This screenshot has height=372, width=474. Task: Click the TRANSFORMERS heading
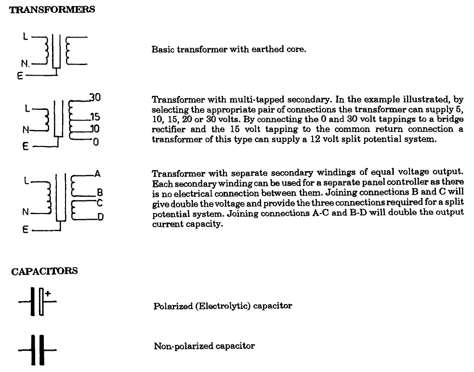[x=52, y=10]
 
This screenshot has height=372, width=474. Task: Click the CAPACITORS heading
[x=44, y=270]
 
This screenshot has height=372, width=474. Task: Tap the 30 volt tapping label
[x=94, y=98]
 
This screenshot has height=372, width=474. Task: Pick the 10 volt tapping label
[x=94, y=129]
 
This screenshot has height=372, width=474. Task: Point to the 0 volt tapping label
[x=96, y=142]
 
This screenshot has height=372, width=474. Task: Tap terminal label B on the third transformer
[x=100, y=194]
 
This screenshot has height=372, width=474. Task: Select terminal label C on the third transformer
[x=100, y=203]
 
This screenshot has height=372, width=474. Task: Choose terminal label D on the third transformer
[x=101, y=218]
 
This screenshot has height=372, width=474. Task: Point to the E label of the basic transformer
[x=20, y=76]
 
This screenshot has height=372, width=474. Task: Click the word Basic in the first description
[x=162, y=49]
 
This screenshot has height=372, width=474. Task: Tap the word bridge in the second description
[x=452, y=119]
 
